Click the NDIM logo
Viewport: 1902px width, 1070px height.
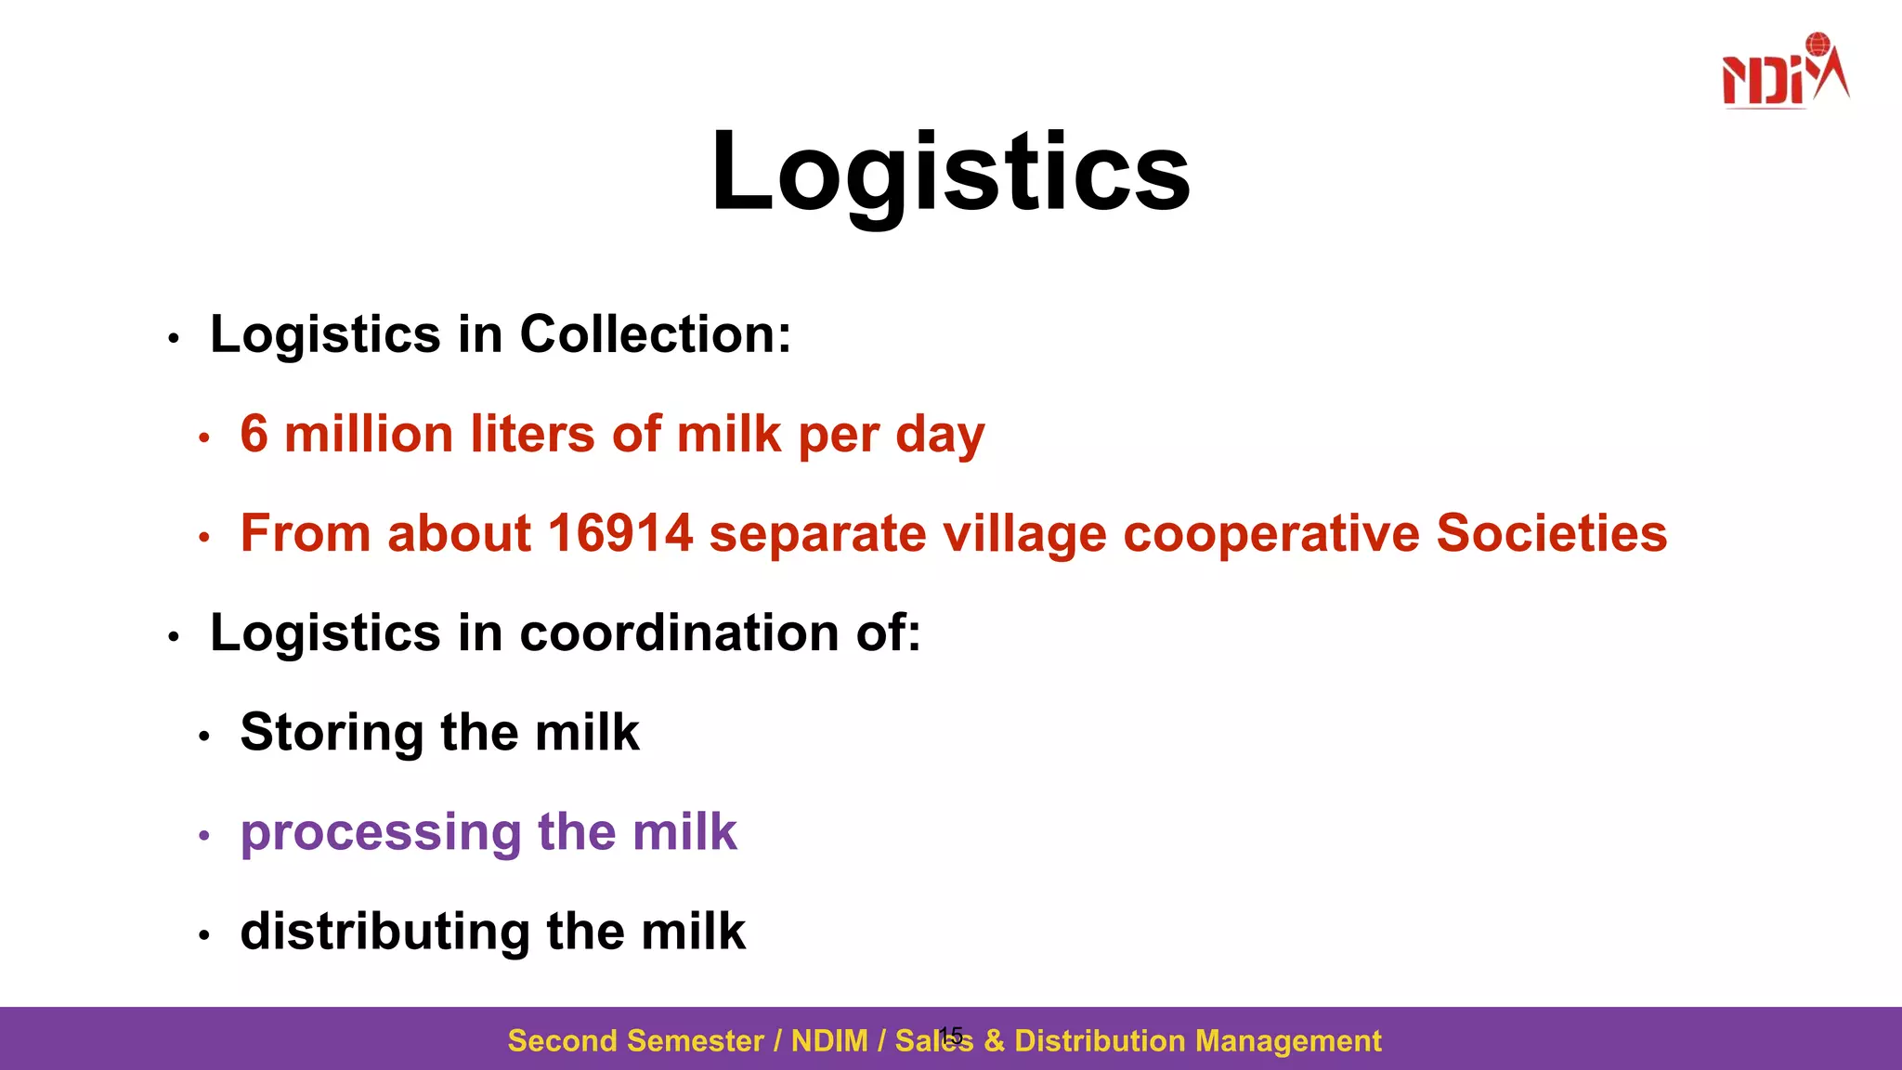coord(1784,72)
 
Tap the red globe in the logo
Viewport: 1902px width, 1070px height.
coord(1817,45)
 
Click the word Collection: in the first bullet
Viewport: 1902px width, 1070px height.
coord(655,334)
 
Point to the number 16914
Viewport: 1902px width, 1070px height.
coord(619,534)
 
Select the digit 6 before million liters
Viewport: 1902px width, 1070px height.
coord(254,435)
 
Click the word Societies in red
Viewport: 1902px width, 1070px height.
coord(1551,534)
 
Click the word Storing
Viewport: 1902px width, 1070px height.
coord(332,734)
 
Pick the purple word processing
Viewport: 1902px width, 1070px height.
coord(380,833)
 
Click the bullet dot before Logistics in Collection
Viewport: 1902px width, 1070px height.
coord(174,339)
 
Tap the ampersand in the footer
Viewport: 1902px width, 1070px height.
coord(994,1041)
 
